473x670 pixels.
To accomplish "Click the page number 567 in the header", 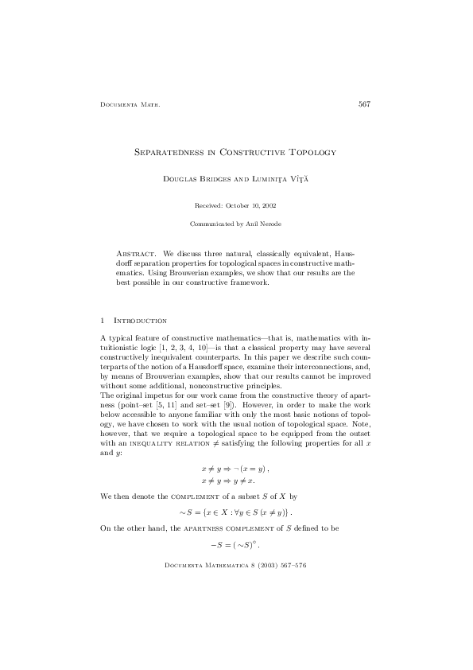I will click(x=365, y=103).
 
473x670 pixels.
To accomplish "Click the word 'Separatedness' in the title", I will click(x=169, y=150).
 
